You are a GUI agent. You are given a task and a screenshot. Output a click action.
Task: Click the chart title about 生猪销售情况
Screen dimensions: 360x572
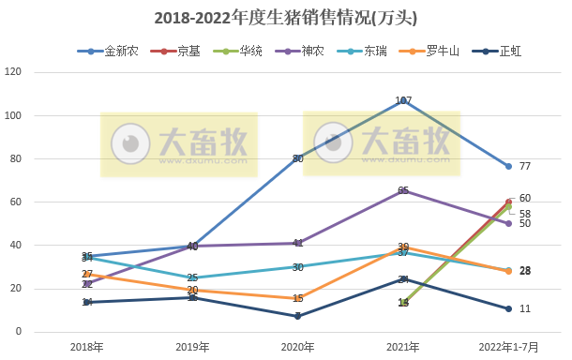pos(285,18)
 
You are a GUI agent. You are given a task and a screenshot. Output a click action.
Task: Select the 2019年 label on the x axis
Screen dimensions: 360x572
pos(192,347)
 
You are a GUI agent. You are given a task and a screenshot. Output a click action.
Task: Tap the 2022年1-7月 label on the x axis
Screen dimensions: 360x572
pos(509,347)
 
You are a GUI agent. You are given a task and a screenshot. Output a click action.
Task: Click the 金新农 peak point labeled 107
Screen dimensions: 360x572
pos(403,100)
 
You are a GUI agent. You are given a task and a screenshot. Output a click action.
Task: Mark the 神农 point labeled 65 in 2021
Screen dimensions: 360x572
pos(403,191)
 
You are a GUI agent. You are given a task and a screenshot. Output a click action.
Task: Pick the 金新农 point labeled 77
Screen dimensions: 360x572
pos(509,166)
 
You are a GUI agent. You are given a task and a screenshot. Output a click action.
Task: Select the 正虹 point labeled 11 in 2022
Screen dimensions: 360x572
pos(509,308)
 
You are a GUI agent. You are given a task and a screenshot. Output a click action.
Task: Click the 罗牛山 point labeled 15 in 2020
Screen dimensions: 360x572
pos(298,298)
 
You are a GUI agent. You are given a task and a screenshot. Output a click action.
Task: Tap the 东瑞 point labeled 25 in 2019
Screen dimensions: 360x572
pos(192,277)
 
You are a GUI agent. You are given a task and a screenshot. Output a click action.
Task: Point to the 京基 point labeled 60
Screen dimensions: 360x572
pos(509,202)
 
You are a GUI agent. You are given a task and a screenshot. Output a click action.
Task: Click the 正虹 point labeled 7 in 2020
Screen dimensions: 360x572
pos(298,316)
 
